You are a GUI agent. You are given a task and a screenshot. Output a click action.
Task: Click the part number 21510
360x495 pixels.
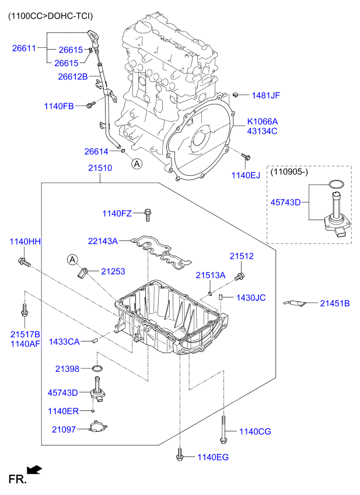100,168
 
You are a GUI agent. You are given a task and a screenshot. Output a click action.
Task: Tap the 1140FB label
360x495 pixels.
59,106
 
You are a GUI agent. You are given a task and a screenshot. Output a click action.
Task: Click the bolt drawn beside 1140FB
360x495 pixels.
90,105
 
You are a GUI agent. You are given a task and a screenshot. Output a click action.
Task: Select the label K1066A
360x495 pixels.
262,121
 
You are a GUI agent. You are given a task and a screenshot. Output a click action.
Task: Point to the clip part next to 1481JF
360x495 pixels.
236,94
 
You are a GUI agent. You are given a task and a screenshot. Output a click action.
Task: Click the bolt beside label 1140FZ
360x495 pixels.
148,215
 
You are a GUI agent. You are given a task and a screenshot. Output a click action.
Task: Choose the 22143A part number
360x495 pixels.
103,240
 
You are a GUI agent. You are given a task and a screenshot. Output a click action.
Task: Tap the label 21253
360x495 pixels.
113,271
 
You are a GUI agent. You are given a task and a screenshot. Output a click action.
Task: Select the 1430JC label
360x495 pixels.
251,298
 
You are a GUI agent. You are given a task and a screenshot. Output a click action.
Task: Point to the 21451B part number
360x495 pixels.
334,303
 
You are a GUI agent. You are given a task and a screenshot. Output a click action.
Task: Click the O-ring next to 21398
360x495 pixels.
98,369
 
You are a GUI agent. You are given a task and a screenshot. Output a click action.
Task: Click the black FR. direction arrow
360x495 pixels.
35,469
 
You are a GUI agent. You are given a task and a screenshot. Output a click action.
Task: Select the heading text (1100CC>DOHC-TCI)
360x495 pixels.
50,16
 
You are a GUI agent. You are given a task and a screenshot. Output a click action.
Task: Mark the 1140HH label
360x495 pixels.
25,241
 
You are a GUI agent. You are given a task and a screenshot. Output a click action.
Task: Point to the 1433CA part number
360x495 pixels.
64,341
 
